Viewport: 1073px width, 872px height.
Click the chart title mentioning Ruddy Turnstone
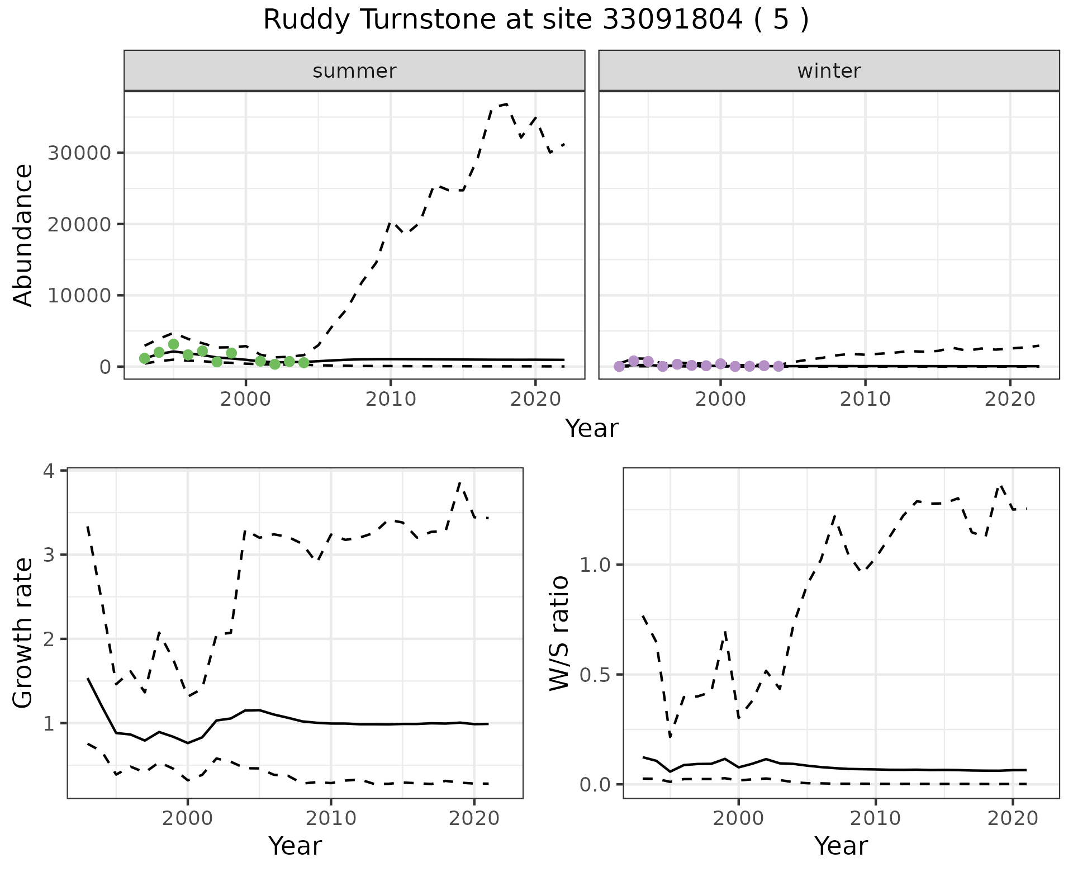tap(535, 20)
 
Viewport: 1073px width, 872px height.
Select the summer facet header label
tap(354, 71)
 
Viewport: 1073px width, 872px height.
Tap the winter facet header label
tap(829, 71)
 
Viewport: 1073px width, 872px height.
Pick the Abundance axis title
tap(23, 235)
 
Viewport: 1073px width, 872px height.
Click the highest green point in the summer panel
tap(173, 344)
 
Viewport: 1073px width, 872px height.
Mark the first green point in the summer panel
tap(144, 358)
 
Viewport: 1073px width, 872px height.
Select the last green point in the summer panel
tap(304, 363)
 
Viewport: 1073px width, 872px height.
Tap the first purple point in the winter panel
tap(619, 367)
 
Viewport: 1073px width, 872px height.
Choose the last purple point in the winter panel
tap(778, 366)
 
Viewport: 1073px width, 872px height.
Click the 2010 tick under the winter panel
tap(865, 399)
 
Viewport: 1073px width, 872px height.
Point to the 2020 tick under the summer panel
tap(535, 399)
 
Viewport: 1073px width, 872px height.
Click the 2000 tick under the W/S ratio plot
tap(739, 818)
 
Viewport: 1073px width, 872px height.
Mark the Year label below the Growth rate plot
tap(295, 846)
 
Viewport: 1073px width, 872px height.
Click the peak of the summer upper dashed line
tap(506, 104)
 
